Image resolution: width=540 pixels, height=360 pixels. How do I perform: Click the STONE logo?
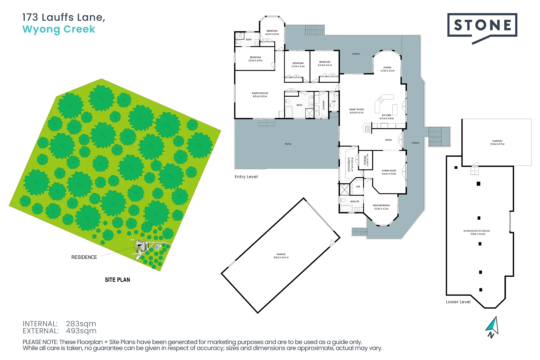(x=482, y=25)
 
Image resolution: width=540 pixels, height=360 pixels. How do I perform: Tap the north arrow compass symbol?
(x=493, y=327)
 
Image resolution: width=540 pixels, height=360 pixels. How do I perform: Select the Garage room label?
(x=281, y=256)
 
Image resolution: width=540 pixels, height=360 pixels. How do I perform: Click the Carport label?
(x=497, y=143)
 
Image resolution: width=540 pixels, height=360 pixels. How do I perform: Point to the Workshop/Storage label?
(x=476, y=232)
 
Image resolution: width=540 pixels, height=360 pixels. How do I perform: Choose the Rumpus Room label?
(x=260, y=95)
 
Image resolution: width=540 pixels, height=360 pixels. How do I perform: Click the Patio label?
(x=288, y=144)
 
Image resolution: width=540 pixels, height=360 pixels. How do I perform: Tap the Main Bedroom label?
(x=381, y=207)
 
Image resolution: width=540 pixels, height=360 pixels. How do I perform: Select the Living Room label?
(x=389, y=172)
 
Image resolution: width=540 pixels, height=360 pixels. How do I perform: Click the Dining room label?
(x=387, y=69)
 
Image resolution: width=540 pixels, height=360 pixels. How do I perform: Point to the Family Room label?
(x=356, y=111)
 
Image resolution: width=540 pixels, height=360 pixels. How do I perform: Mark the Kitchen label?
(x=386, y=117)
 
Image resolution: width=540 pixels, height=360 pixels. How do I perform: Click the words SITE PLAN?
(x=117, y=280)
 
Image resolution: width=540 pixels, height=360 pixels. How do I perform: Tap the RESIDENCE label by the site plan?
(x=84, y=257)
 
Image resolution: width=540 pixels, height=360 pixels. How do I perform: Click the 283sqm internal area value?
(x=81, y=324)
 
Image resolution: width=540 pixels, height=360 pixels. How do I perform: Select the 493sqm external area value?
(x=81, y=331)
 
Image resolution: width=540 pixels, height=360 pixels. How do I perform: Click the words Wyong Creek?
(x=59, y=29)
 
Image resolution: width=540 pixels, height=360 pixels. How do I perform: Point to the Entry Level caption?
(x=246, y=177)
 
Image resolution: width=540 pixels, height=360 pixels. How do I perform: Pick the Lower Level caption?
(x=458, y=302)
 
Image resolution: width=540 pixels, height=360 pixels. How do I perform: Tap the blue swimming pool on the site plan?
(x=157, y=247)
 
